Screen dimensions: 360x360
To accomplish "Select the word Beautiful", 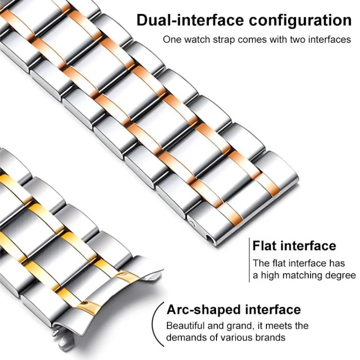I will coord(185,326).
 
